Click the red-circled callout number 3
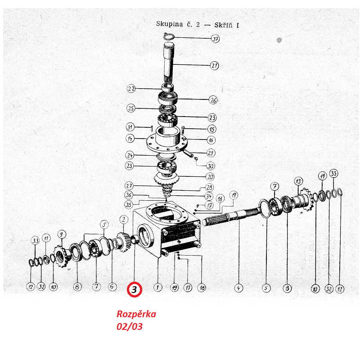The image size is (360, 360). pos(135,289)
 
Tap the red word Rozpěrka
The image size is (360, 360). pos(136,314)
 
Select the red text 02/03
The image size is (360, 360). pos(130,327)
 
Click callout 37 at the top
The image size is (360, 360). pos(215,39)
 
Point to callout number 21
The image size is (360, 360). pos(215,66)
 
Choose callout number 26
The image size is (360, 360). pos(213,100)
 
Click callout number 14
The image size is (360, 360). pos(130,139)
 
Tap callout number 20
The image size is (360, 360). pos(210,177)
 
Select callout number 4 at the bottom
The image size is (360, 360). pos(238,288)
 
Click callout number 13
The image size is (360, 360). pos(298,181)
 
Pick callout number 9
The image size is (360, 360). pos(62,234)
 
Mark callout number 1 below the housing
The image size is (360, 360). pos(158,287)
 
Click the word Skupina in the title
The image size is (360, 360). pos(170,24)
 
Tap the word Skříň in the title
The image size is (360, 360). pos(223,25)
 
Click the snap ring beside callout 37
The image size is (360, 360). pos(170,36)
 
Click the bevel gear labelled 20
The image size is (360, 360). pos(166,179)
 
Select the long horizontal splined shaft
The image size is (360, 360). pos(231,216)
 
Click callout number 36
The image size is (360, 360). pos(129,195)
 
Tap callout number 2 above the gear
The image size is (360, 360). pos(124,220)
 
